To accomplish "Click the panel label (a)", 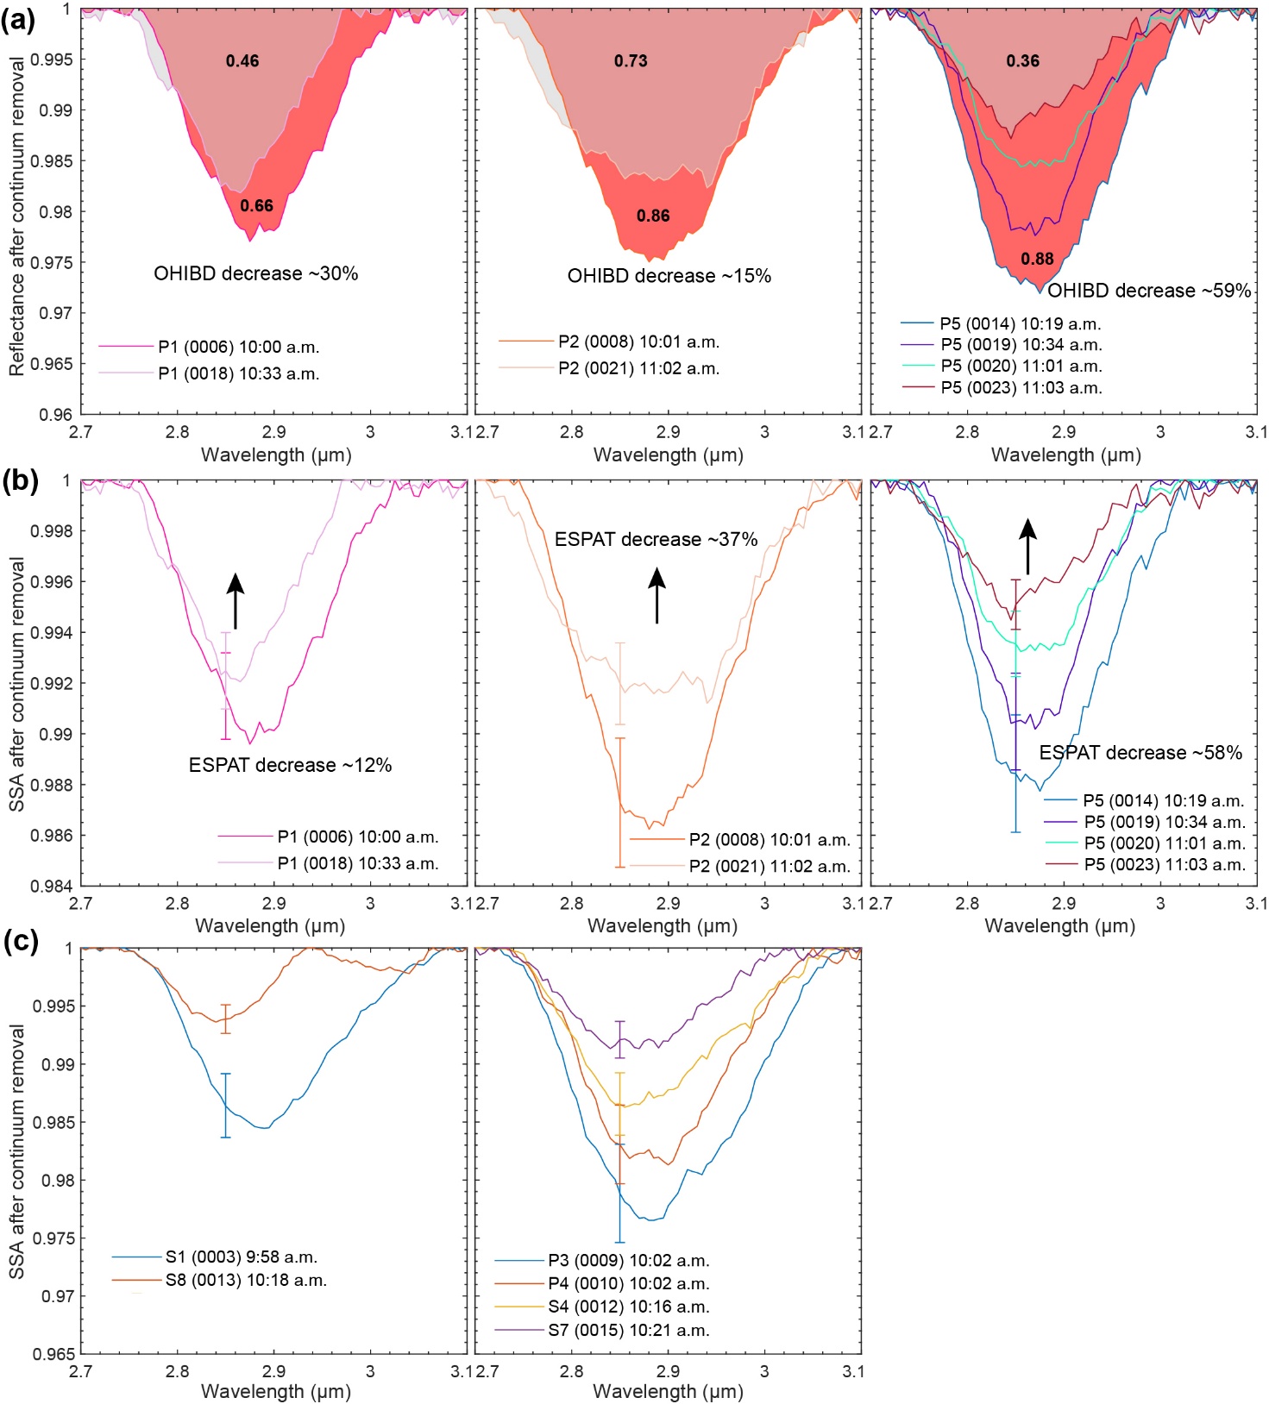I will point(18,19).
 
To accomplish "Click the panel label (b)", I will point(20,481).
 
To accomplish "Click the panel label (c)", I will point(20,941).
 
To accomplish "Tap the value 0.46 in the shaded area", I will point(242,61).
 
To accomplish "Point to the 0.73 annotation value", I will point(631,61).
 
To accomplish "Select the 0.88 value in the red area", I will point(1037,259).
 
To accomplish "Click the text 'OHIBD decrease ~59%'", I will point(1149,291).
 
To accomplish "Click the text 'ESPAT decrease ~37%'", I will point(656,540).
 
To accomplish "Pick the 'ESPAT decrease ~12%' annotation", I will point(290,765).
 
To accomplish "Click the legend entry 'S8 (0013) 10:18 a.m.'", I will point(246,1281).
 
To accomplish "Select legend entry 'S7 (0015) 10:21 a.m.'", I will point(628,1330).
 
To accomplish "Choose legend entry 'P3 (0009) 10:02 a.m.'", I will point(628,1261).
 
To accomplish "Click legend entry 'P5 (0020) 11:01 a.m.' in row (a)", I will point(1021,367).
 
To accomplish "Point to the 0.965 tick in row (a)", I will point(52,364).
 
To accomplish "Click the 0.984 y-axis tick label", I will point(52,886).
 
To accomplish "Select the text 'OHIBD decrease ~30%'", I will point(255,274).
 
